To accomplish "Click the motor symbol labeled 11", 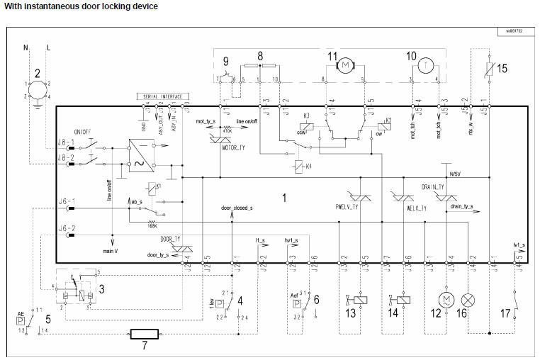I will [x=345, y=65].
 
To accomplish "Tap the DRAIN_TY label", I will [x=433, y=186].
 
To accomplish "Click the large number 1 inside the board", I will [x=285, y=198].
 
